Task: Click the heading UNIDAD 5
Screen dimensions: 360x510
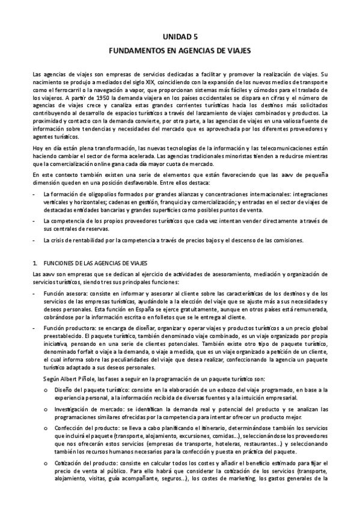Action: (180, 36)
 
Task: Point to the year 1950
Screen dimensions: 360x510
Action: (87, 96)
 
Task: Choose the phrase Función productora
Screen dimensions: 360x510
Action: (67, 328)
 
